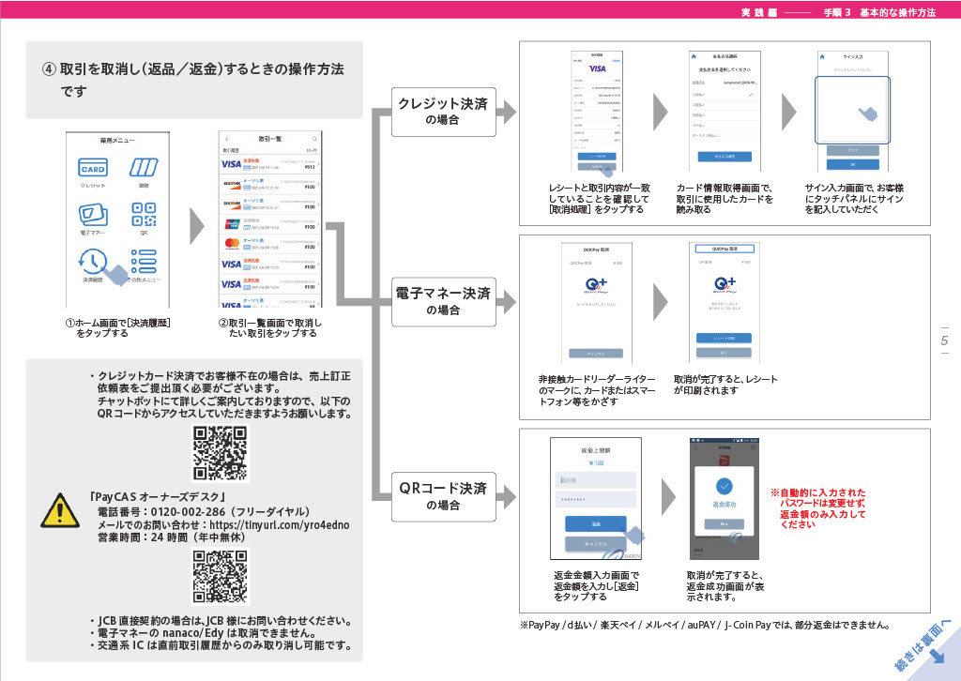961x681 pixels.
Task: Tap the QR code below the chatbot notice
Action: [x=221, y=453]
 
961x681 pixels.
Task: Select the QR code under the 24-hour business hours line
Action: [x=221, y=577]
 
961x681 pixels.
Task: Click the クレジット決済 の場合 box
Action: [x=443, y=112]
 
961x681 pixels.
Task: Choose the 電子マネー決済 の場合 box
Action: [x=443, y=301]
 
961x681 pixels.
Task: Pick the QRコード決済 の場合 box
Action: [x=443, y=495]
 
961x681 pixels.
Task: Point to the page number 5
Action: [x=944, y=340]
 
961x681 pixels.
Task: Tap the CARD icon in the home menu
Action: [x=93, y=169]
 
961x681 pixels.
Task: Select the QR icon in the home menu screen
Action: [x=144, y=214]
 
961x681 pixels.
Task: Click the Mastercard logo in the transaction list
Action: [x=231, y=243]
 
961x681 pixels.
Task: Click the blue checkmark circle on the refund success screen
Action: [x=724, y=487]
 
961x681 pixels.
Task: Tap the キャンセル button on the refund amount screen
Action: [x=595, y=544]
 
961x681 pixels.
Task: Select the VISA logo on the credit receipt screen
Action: [x=597, y=69]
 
